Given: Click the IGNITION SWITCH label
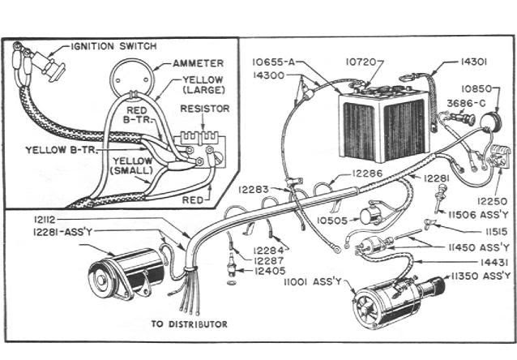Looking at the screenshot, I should pos(114,46).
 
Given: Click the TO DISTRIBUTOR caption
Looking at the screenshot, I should pos(189,324).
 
